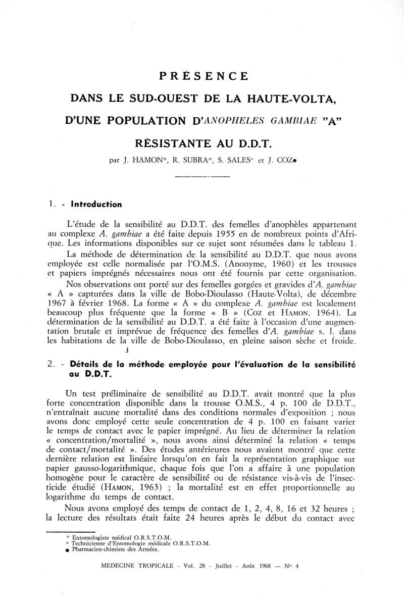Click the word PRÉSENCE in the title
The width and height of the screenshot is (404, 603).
(x=204, y=76)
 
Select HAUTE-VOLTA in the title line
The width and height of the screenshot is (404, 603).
(x=292, y=99)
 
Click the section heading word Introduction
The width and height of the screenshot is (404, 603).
(x=95, y=205)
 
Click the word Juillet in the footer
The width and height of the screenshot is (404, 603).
(x=223, y=566)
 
